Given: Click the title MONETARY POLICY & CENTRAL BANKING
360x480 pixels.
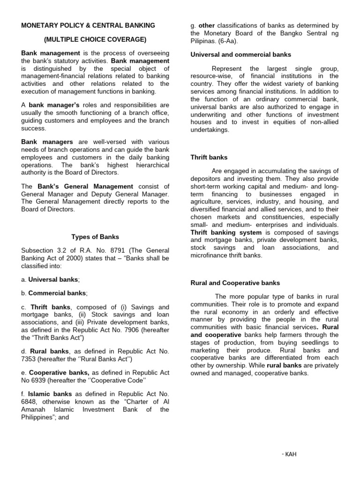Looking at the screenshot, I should pyautogui.click(x=88, y=25).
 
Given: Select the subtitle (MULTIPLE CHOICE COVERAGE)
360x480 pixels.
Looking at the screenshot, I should pyautogui.click(x=95, y=39).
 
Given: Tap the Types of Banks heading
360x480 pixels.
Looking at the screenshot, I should pyautogui.click(x=95, y=237).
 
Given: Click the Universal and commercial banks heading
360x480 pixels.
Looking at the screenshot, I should pyautogui.click(x=241, y=55).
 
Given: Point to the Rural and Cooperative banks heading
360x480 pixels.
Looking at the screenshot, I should pyautogui.click(x=235, y=283).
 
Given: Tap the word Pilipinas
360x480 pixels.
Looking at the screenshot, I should pyautogui.click(x=205, y=40).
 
